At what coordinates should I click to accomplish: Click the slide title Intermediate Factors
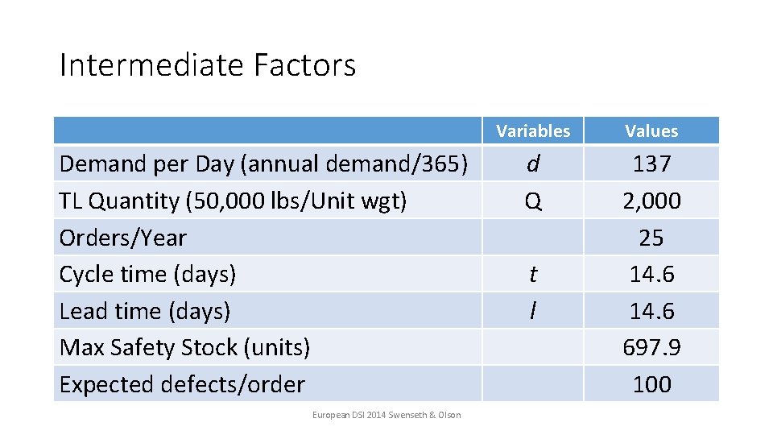click(207, 65)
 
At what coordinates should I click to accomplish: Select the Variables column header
click(532, 130)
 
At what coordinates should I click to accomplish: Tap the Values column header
click(651, 130)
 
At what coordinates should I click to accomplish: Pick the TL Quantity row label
click(233, 201)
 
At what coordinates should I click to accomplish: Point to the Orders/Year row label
click(122, 238)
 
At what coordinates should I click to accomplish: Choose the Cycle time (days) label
click(147, 274)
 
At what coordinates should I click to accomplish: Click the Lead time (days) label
click(145, 311)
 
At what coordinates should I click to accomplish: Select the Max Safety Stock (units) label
click(184, 347)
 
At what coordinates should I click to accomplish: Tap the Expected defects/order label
click(182, 384)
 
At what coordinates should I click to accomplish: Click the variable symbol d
click(532, 164)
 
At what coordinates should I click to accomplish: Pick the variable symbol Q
click(532, 201)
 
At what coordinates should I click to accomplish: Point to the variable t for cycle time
click(532, 274)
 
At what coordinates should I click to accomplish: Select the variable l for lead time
click(532, 311)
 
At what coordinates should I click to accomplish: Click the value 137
click(651, 164)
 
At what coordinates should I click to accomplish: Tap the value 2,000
click(651, 201)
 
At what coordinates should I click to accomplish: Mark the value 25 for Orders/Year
click(651, 238)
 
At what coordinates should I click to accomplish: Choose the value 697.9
click(651, 347)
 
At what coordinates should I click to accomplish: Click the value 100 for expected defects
click(651, 384)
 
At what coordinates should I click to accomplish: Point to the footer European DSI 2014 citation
click(386, 415)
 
